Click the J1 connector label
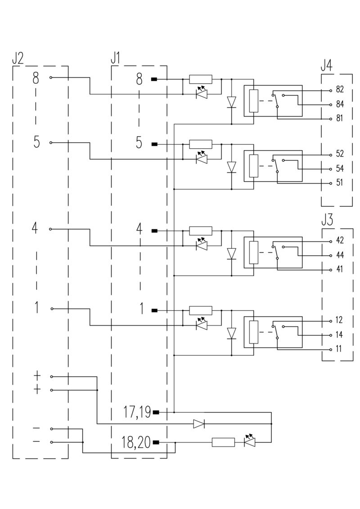click(116, 58)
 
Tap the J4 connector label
click(327, 66)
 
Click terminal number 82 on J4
click(340, 89)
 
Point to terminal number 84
click(340, 104)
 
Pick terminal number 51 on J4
click(340, 183)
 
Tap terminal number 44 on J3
click(340, 255)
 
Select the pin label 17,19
click(137, 411)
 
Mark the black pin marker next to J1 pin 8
click(154, 80)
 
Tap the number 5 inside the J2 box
click(36, 143)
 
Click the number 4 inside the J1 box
click(139, 229)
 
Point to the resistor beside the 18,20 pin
click(223, 442)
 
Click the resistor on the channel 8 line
click(200, 80)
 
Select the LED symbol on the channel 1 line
click(202, 324)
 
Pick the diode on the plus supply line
click(199, 424)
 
